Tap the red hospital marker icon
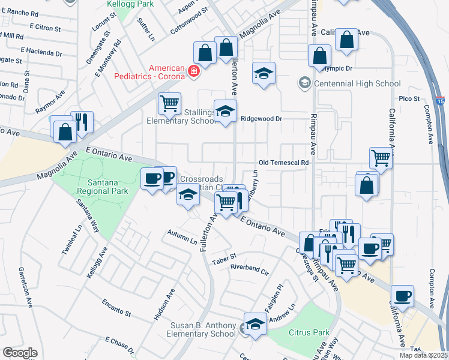pos(193,72)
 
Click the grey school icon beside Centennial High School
pos(305,82)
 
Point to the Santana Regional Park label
pos(103,186)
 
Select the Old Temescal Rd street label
pos(283,163)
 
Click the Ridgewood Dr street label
pos(261,119)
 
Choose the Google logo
pos(20,352)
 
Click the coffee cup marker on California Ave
pos(402,296)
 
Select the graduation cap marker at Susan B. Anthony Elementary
pos(255,324)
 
